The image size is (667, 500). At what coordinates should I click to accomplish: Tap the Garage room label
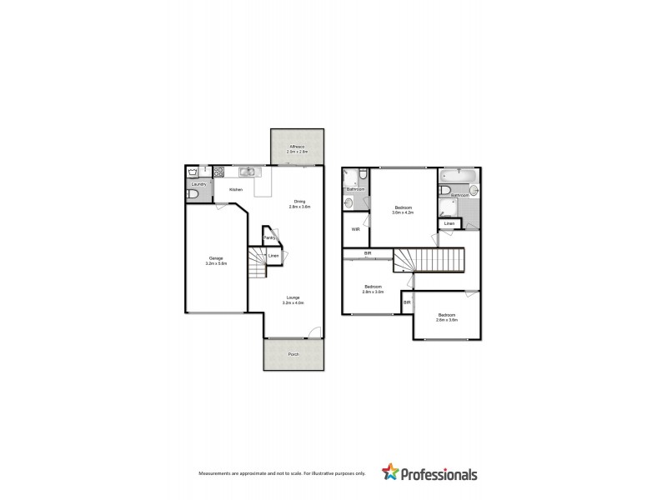[217, 258]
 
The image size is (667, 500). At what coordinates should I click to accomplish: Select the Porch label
[293, 354]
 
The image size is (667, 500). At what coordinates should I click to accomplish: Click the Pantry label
[270, 238]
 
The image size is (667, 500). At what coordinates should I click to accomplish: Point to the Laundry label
[198, 183]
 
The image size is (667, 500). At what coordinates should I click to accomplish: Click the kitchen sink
[248, 172]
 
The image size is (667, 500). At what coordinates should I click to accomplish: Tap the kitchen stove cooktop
[219, 172]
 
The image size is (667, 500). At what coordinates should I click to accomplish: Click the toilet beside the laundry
[193, 195]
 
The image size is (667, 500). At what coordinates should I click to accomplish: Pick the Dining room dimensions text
[299, 206]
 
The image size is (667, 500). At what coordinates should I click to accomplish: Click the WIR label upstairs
[355, 228]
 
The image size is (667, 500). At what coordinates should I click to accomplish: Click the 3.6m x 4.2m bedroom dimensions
[403, 213]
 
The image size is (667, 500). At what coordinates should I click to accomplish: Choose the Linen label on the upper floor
[449, 223]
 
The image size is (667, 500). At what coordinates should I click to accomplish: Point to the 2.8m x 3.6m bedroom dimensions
[373, 292]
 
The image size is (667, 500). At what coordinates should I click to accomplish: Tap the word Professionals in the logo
[439, 474]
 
